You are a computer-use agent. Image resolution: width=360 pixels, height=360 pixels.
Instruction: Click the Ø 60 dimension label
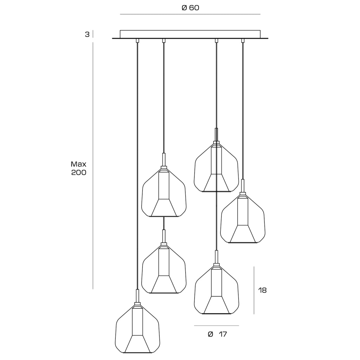(190, 8)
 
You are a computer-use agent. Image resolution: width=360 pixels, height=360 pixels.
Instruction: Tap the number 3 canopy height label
(87, 34)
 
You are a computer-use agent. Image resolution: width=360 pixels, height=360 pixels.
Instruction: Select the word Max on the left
(78, 164)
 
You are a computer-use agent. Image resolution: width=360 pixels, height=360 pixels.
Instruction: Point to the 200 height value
(78, 172)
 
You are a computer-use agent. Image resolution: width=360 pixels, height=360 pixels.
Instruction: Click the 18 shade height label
(262, 290)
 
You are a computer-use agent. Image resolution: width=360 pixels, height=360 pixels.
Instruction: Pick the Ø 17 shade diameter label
(217, 334)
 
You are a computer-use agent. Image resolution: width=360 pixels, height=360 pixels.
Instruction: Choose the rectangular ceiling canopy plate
(190, 34)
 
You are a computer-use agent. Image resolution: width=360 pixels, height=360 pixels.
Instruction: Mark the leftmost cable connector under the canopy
(137, 41)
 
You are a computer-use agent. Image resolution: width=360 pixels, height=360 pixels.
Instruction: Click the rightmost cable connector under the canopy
(243, 41)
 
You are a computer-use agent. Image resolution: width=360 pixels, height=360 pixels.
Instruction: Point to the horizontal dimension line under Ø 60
(190, 14)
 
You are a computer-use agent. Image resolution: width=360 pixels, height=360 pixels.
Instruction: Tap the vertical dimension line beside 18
(254, 290)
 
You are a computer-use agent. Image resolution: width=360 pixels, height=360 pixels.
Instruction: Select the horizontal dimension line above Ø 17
(217, 326)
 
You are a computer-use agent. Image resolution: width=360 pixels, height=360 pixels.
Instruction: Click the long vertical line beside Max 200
(93, 166)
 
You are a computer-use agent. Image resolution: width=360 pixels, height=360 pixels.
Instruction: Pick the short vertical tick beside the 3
(93, 34)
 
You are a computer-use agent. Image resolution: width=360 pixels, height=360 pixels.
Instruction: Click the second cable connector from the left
(164, 41)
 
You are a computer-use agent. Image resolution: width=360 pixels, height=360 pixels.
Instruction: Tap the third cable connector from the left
(216, 41)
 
